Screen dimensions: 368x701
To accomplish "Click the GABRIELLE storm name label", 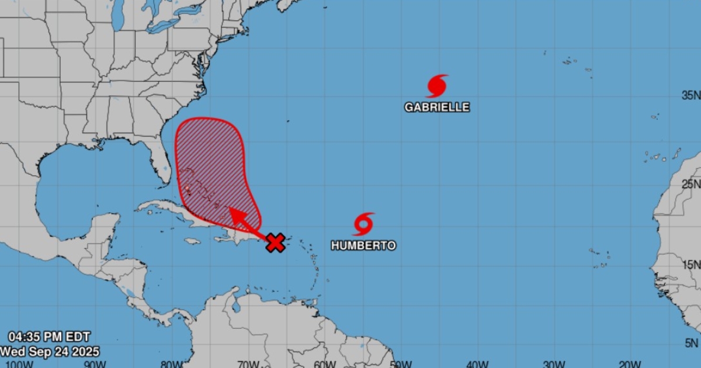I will [437, 107].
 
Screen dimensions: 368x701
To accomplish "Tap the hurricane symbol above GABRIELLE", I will [437, 86].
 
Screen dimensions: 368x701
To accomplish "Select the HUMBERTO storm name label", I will [363, 245].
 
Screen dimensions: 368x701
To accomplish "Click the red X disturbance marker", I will [275, 242].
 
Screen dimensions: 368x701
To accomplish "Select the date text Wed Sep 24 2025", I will [50, 351].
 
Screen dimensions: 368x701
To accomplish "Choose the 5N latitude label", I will [693, 343].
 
